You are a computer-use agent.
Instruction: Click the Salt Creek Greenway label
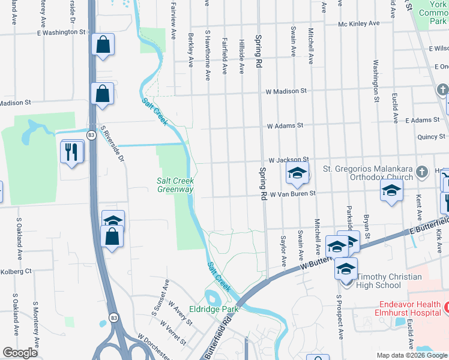click(x=175, y=185)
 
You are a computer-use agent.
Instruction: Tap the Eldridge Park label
click(x=214, y=310)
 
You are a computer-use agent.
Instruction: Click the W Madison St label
click(x=286, y=91)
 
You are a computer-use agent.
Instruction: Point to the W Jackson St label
click(x=288, y=160)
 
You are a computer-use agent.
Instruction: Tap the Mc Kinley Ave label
click(x=359, y=23)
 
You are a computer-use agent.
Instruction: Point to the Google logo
click(x=20, y=353)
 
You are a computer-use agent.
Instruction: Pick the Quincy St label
click(x=432, y=137)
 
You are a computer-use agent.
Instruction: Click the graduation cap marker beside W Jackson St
click(x=297, y=174)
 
